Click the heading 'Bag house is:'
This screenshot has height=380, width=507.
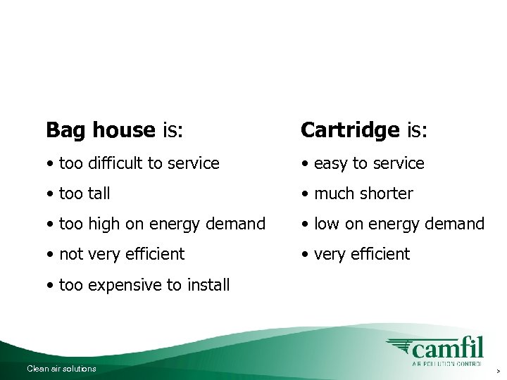pyautogui.click(x=114, y=130)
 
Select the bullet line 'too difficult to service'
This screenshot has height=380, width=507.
pyautogui.click(x=133, y=163)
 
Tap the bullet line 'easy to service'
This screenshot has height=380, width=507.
pyautogui.click(x=363, y=163)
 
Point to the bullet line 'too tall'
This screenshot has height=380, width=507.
pyautogui.click(x=78, y=194)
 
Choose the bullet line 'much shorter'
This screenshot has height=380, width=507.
pyautogui.click(x=357, y=194)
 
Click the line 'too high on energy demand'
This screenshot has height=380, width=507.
pyautogui.click(x=156, y=224)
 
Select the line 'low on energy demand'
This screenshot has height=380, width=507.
pyautogui.click(x=393, y=224)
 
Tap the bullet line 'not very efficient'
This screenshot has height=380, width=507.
pyautogui.click(x=115, y=254)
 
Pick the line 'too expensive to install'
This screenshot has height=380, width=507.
pyautogui.click(x=138, y=285)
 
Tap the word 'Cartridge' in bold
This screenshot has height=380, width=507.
pyautogui.click(x=349, y=130)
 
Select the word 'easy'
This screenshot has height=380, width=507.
pyautogui.click(x=331, y=163)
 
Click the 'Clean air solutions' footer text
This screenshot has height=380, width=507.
pyautogui.click(x=61, y=369)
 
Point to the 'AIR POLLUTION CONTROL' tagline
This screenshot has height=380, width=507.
pyautogui.click(x=446, y=365)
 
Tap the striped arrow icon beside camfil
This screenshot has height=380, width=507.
pyautogui.click(x=399, y=347)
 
